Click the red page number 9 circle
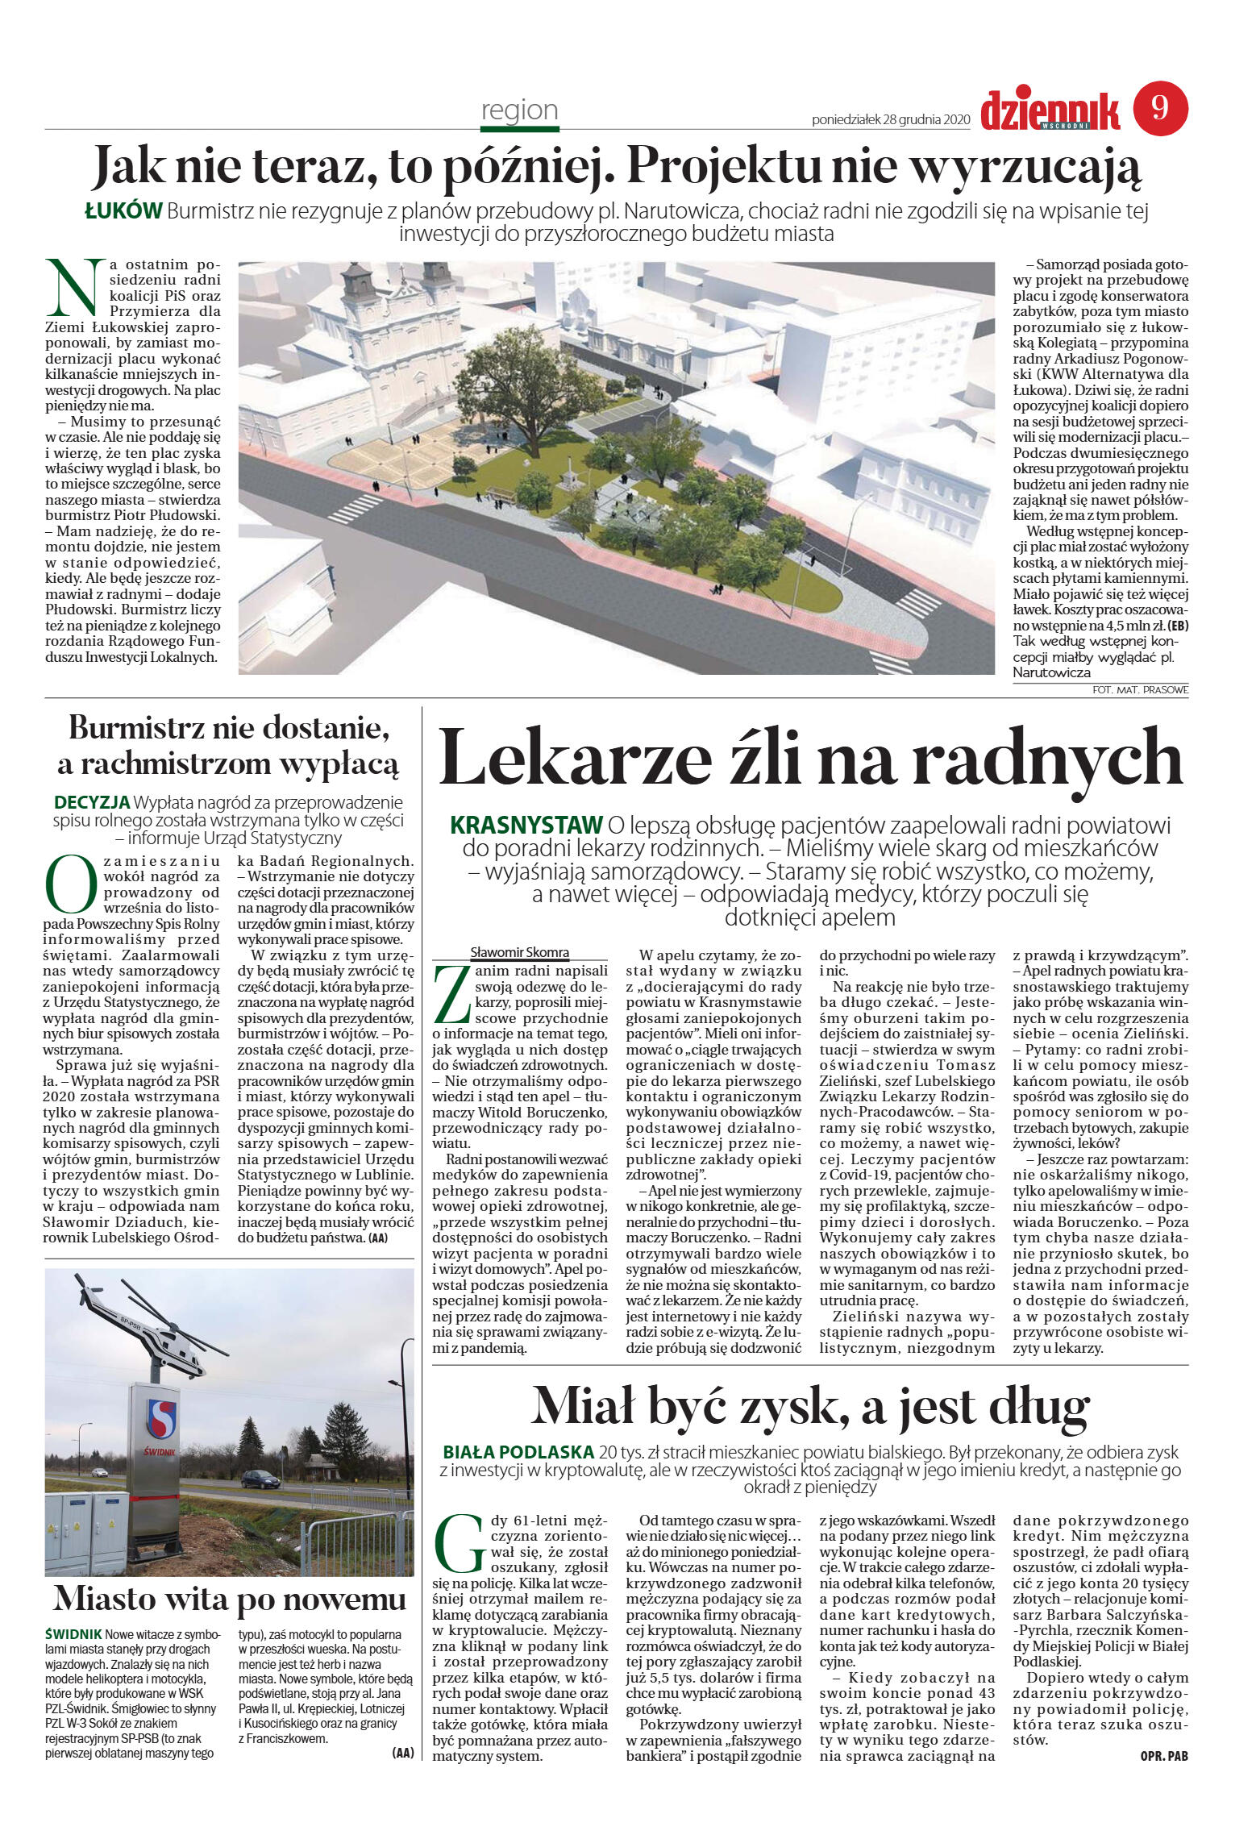pos(1160,108)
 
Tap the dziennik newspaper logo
pos(1050,110)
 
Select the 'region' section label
pos(519,110)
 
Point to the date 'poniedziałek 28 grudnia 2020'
pos(890,120)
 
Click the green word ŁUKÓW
pos(124,212)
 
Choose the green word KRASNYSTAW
pos(526,826)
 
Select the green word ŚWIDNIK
pos(73,1634)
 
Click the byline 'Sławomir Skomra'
pos(519,952)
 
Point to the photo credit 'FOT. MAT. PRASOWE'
pos(1140,690)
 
